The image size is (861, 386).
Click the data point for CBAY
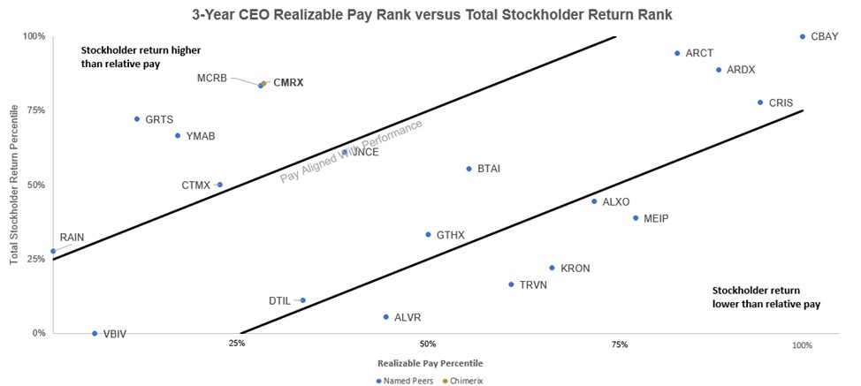(802, 37)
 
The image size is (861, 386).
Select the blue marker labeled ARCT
(677, 53)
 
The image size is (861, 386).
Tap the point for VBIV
(95, 333)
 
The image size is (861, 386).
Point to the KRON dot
(552, 268)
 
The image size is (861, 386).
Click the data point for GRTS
(137, 118)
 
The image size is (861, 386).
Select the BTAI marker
(469, 169)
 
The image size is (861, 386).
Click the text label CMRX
(288, 82)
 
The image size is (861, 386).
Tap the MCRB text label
(211, 78)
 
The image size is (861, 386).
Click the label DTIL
(279, 301)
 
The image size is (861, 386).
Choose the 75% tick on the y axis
(34, 110)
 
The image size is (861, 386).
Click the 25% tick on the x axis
(236, 344)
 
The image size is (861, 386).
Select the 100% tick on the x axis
(802, 344)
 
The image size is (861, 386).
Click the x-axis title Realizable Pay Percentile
(430, 362)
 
